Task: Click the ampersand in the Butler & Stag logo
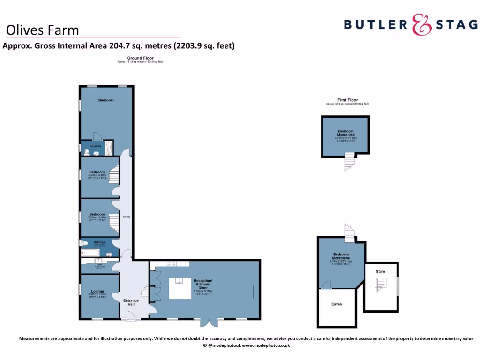coord(421,24)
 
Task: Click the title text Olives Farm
coord(42,30)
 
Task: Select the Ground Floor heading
coord(140,58)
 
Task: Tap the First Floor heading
coord(347,100)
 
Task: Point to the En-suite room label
coord(96,147)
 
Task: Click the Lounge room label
coord(97,292)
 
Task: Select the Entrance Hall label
coord(131,303)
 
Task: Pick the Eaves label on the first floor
coord(337,304)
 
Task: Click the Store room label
coord(380,271)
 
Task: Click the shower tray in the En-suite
coord(108,148)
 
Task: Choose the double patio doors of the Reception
coord(209,322)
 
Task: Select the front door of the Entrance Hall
coord(128,318)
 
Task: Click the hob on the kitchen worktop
coord(171,263)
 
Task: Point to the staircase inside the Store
coord(380,284)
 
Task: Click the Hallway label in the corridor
coord(126,217)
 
